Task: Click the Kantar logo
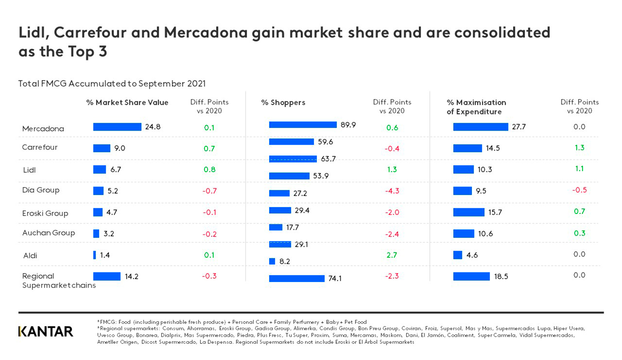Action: click(46, 331)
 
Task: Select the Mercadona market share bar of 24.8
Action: click(117, 127)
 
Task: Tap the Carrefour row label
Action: click(40, 147)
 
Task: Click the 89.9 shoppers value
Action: click(348, 125)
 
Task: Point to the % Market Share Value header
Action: click(127, 102)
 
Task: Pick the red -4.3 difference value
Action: click(391, 191)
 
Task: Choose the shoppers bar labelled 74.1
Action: click(296, 278)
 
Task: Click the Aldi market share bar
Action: click(95, 255)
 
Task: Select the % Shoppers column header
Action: click(283, 102)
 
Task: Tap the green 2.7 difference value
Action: click(391, 255)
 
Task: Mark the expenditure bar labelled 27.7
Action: click(480, 127)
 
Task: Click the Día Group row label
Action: click(41, 190)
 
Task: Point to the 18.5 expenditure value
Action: click(501, 277)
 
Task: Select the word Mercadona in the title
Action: click(206, 32)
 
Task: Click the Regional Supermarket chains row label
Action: click(58, 281)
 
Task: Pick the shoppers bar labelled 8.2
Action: click(272, 261)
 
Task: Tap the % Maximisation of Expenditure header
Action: click(476, 107)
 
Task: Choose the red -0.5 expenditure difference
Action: click(579, 190)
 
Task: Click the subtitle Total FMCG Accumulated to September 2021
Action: click(112, 83)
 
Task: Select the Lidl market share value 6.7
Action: click(116, 170)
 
